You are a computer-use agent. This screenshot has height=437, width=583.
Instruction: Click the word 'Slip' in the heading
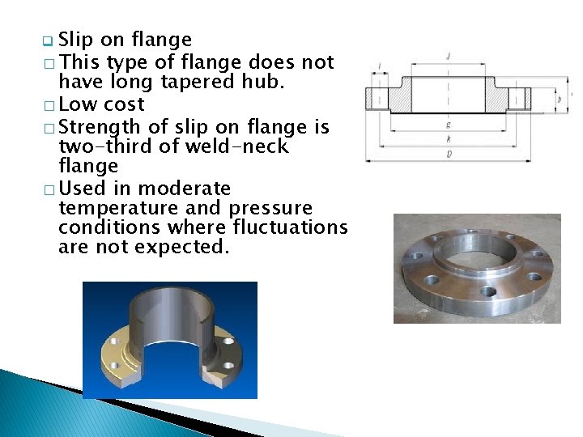[77, 40]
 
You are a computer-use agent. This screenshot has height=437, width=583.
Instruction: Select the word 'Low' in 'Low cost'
[79, 104]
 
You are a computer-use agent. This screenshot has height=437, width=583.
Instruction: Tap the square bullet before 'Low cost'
[49, 106]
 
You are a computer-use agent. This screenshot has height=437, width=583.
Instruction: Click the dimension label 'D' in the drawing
[449, 153]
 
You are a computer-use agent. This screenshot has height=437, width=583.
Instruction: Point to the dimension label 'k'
[449, 140]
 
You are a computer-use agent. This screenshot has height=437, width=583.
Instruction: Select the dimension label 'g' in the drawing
[448, 125]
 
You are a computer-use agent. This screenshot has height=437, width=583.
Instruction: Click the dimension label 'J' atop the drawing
[448, 57]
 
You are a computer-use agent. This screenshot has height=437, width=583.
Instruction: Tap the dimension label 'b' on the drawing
[560, 98]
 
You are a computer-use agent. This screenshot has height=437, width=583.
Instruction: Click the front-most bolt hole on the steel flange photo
[488, 291]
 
